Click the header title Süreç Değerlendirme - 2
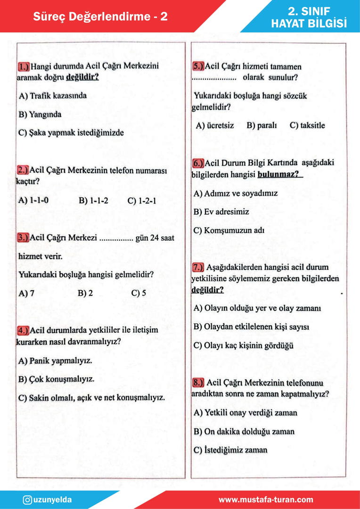point(100,17)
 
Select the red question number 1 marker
point(24,66)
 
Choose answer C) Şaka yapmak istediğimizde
point(71,133)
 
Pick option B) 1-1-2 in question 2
point(93,200)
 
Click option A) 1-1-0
point(33,200)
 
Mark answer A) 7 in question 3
point(26,293)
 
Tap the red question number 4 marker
point(23,330)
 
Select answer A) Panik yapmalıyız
point(55,361)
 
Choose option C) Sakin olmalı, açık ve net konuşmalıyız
point(91,398)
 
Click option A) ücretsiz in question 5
point(215,126)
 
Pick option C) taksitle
point(307,126)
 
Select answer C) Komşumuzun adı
point(229,230)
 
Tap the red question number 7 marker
point(198,267)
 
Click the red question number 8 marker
point(198,382)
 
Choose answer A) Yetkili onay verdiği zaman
point(245,413)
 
